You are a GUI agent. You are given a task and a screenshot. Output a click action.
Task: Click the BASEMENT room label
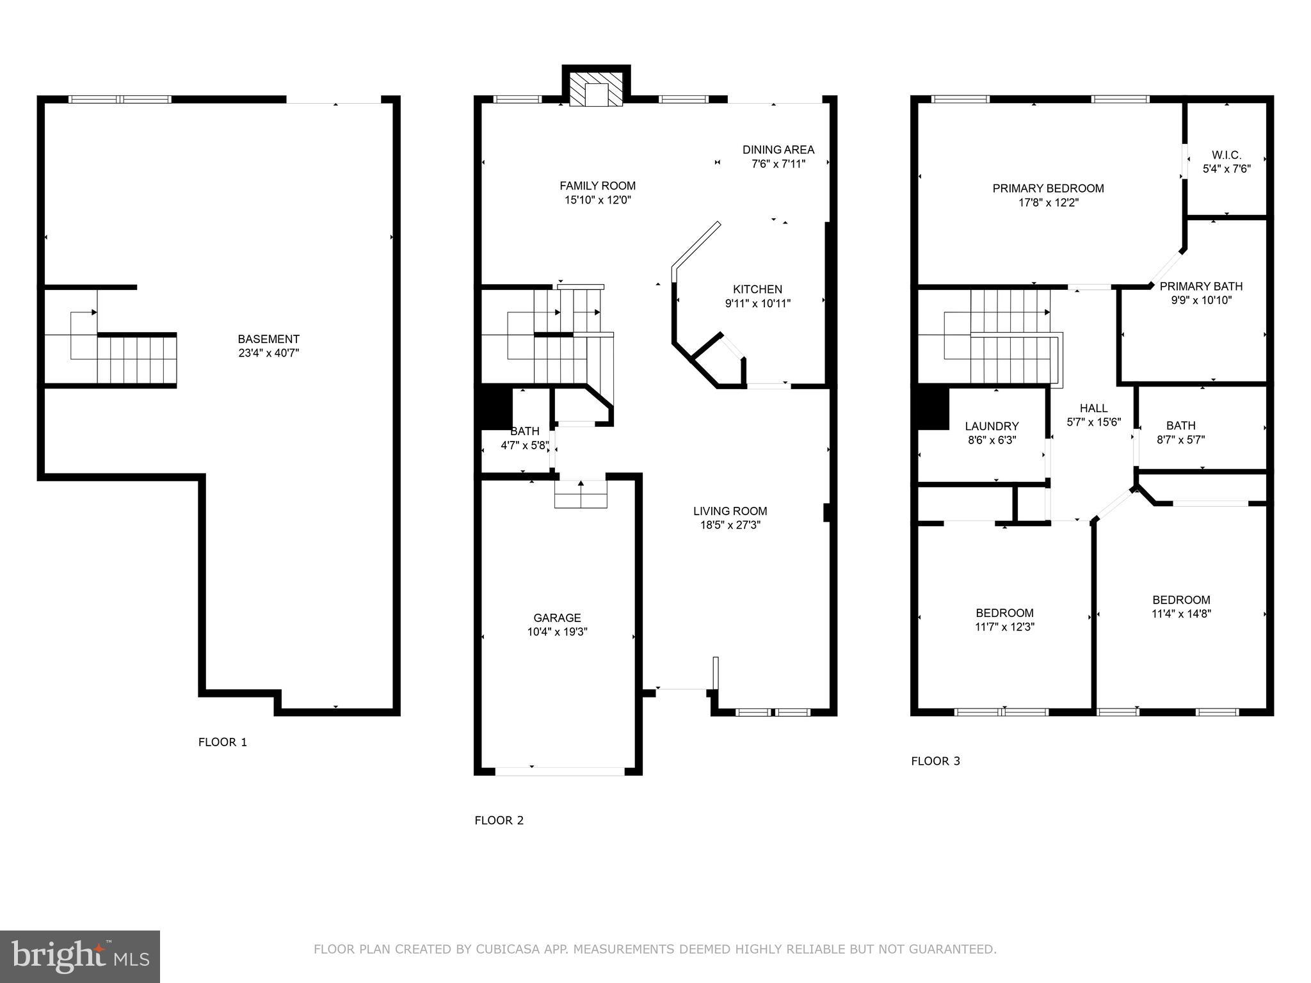(x=268, y=339)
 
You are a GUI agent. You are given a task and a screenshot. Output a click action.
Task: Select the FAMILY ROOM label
(x=597, y=186)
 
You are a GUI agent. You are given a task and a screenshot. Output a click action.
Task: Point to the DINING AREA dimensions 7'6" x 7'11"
(x=778, y=164)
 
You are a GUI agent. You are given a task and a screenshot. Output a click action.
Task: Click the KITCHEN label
(x=757, y=289)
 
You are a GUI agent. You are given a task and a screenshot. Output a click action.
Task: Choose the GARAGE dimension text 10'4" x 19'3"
(x=557, y=632)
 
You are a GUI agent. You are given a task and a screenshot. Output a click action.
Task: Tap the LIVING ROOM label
(x=730, y=511)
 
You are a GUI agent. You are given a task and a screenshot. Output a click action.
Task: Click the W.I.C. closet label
(x=1226, y=155)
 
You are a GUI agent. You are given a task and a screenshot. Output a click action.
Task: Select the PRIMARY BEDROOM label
(x=1048, y=188)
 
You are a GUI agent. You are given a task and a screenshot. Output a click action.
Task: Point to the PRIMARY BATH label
(x=1201, y=286)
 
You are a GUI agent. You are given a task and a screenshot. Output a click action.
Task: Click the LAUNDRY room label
(x=992, y=426)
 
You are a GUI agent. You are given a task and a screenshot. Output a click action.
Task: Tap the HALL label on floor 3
(x=1093, y=408)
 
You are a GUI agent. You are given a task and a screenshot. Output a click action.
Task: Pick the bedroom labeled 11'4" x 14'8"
(x=1181, y=607)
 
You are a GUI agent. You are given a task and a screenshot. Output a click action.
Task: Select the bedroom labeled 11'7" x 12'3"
(x=1004, y=619)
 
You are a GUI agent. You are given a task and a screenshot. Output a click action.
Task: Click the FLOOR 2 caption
(x=499, y=820)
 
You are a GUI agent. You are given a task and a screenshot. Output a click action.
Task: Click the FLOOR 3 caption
(x=935, y=761)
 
